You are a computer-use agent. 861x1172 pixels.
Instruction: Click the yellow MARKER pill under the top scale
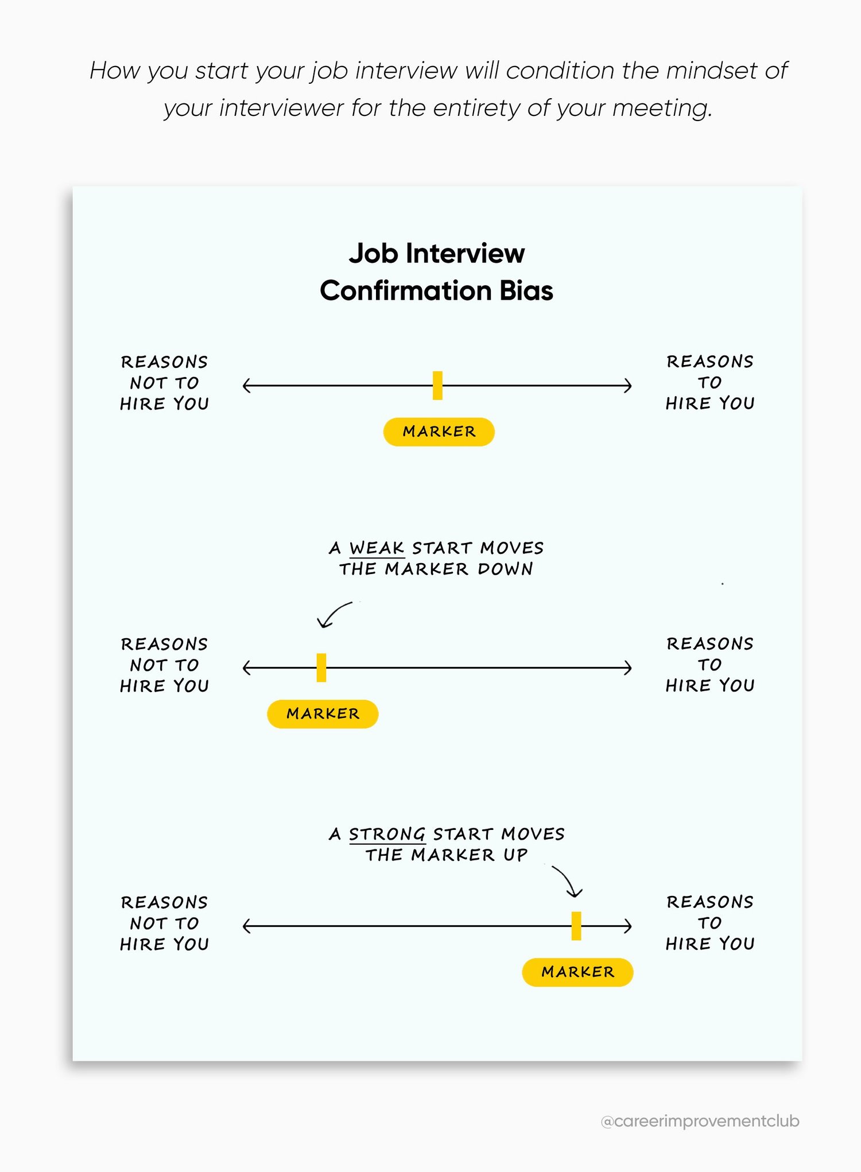pos(439,432)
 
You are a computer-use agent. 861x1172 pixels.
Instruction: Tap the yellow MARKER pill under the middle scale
pos(323,714)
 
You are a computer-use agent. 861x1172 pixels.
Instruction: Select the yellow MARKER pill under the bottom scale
pos(577,972)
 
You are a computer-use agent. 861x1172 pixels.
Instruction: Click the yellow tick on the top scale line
pos(437,385)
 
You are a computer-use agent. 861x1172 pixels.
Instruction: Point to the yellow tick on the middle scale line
pos(321,668)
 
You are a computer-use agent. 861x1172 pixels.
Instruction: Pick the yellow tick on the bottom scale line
pos(576,926)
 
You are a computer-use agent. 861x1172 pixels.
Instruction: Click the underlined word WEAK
pos(377,548)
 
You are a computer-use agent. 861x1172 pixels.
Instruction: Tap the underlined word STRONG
pos(387,834)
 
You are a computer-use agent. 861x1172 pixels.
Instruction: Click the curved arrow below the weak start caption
pos(334,615)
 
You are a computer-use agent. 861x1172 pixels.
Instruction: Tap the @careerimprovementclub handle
pos(700,1121)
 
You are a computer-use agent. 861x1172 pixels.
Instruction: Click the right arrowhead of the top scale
pos(628,385)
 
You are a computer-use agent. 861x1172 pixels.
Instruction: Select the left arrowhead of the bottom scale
pos(247,926)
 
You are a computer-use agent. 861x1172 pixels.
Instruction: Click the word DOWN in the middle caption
pos(505,569)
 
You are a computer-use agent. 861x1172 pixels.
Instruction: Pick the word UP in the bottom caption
pos(515,855)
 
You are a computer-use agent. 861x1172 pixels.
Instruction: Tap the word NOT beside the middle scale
pos(148,665)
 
